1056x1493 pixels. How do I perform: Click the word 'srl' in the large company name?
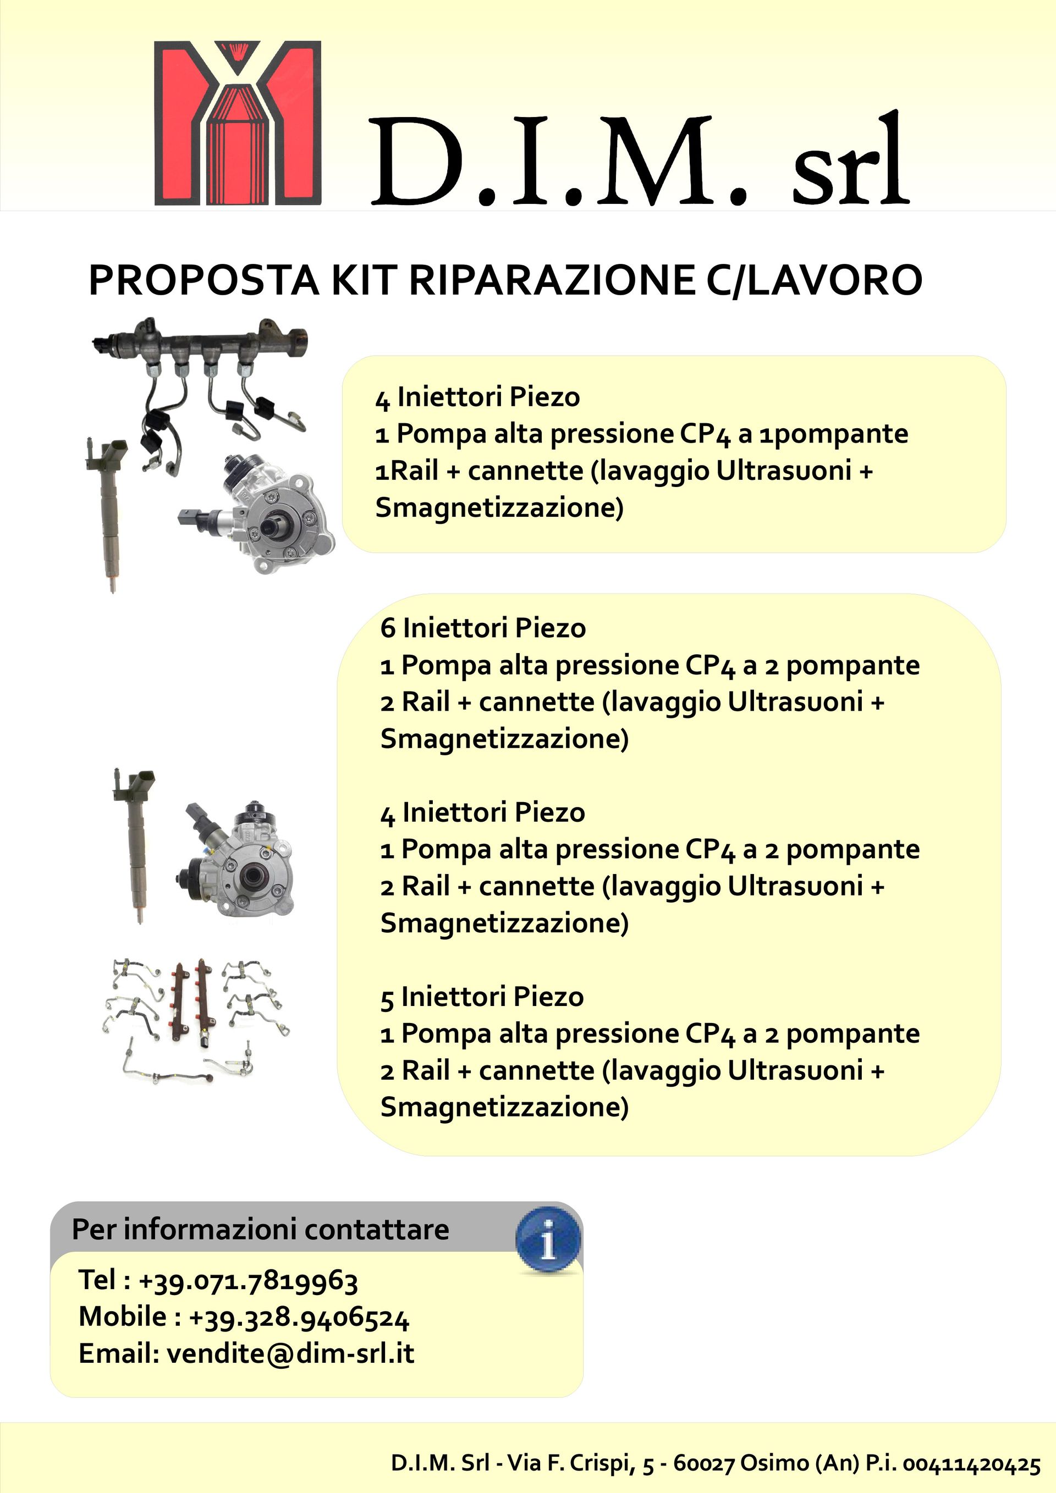point(849,163)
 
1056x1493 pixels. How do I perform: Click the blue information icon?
point(548,1242)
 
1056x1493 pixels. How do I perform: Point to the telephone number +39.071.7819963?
point(249,1280)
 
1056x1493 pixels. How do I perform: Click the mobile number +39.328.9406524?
point(299,1317)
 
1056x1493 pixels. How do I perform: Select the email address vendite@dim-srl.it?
point(290,1353)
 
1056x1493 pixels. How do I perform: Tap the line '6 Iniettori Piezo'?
point(483,628)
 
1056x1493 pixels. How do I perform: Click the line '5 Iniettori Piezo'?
point(481,997)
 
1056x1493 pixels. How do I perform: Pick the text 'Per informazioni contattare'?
point(260,1229)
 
